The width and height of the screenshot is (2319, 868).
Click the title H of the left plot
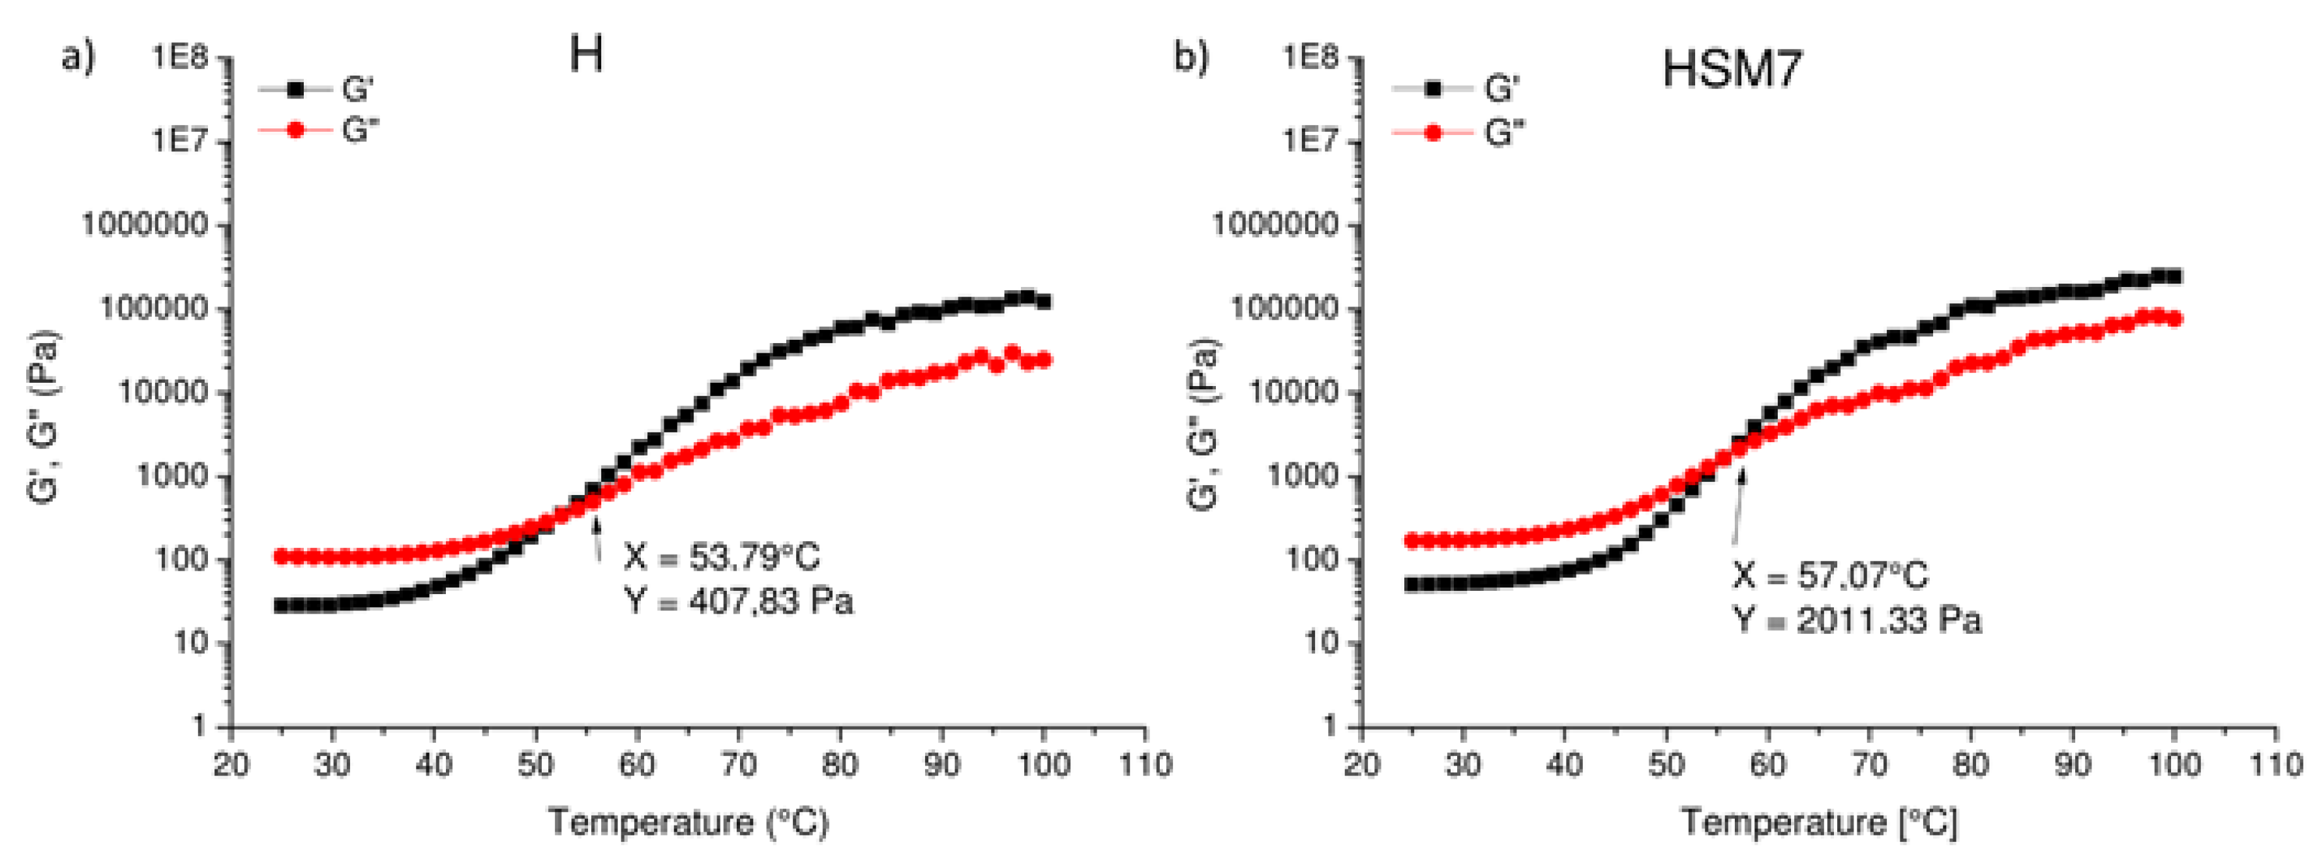point(586,57)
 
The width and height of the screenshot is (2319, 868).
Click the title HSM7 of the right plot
point(1731,68)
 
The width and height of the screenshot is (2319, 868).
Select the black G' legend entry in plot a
point(317,89)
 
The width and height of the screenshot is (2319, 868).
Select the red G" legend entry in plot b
point(1458,133)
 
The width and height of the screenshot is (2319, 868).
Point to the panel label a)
point(78,57)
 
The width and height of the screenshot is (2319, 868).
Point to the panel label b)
point(1192,57)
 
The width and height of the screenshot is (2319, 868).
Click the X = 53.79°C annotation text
point(722,558)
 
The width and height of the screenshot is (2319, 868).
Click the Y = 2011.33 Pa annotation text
point(1858,620)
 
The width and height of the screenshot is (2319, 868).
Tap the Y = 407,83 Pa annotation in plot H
point(738,601)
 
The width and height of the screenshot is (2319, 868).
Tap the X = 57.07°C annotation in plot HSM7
point(1830,575)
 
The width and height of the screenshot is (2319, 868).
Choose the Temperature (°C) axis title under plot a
point(688,822)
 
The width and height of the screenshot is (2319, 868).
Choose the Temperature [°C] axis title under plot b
point(1818,822)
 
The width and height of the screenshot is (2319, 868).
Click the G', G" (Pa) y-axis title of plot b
point(1205,425)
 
